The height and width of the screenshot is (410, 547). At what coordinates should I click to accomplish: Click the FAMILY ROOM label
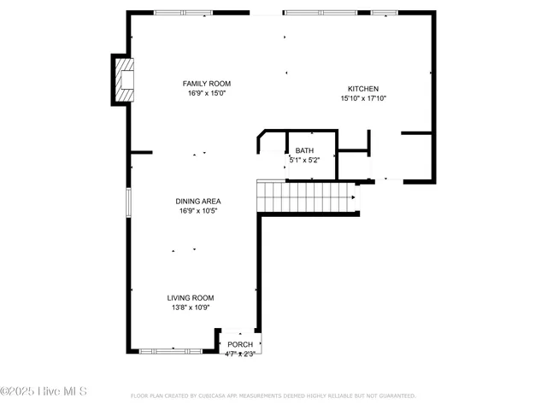coord(206,84)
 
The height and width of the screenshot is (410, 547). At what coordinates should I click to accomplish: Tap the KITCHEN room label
coord(362,89)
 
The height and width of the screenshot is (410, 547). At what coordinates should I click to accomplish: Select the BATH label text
coord(304,151)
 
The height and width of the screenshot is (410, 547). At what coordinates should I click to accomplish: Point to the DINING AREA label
coord(198,202)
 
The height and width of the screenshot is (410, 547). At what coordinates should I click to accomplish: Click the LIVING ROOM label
coord(190,298)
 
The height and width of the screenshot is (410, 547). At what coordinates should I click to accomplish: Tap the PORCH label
coord(240,345)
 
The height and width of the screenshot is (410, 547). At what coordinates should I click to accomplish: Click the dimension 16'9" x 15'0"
coord(206,93)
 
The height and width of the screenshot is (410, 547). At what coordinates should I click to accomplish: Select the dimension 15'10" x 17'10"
coord(363,98)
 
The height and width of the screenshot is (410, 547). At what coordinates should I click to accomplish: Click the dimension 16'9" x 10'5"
coord(198,211)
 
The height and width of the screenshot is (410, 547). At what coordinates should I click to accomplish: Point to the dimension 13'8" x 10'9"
coord(190,307)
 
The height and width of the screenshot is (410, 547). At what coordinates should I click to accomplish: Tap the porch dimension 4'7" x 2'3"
coord(239,353)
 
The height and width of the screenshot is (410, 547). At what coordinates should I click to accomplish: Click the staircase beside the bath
coord(308,197)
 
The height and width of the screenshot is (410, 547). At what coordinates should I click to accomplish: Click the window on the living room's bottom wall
coord(171,350)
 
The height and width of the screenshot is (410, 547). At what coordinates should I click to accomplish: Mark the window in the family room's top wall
coord(183,13)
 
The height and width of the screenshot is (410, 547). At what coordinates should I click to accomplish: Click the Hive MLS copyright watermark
coord(44,392)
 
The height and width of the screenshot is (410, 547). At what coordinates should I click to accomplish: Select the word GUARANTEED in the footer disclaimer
coord(396,396)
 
